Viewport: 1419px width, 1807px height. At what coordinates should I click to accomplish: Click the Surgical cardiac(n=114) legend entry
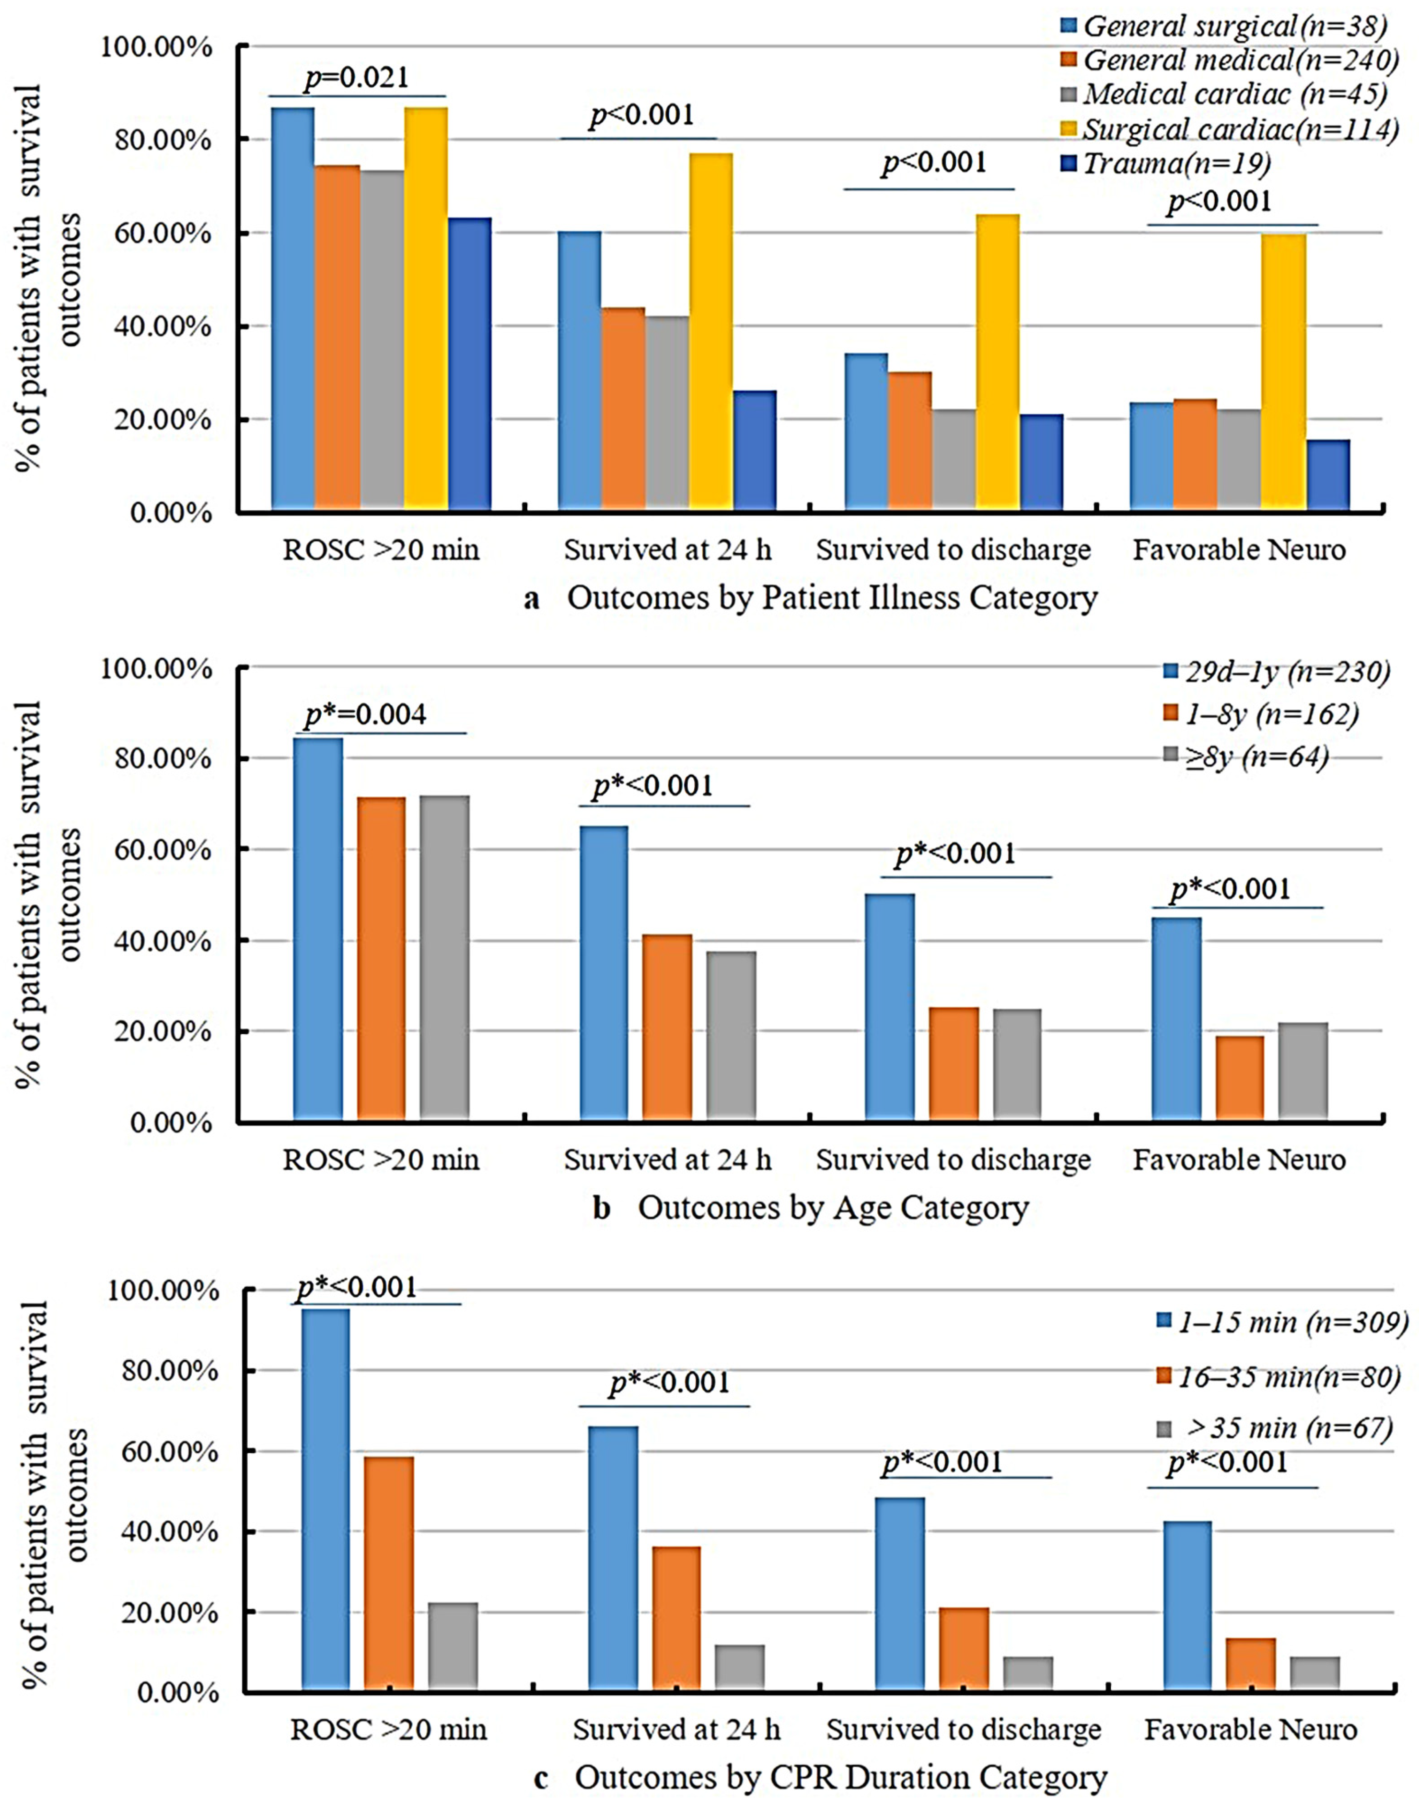[1238, 129]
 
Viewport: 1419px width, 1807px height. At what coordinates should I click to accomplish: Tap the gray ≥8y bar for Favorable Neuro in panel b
[1303, 1072]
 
